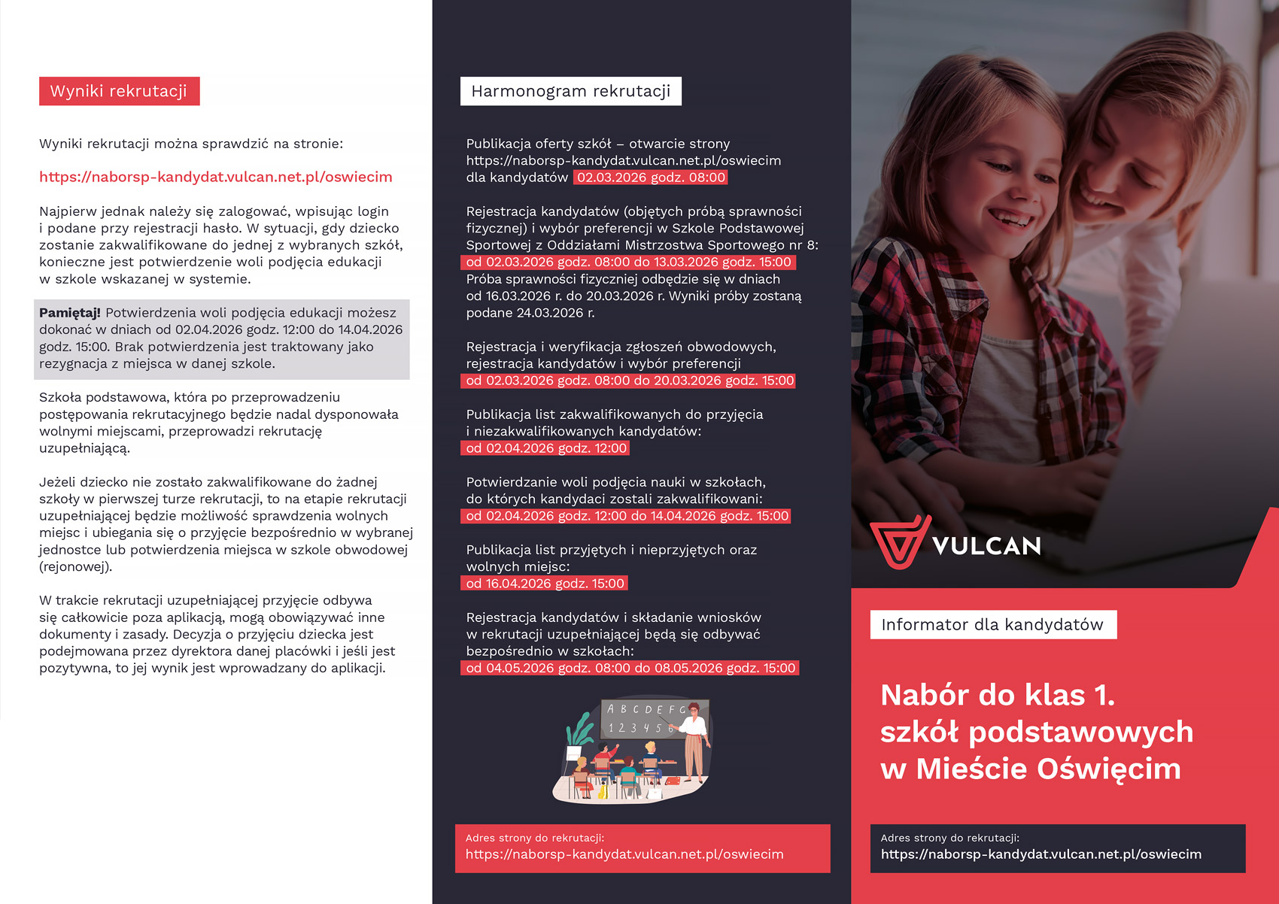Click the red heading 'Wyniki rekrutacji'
(x=119, y=91)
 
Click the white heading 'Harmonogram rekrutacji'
(x=570, y=91)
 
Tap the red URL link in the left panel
(x=216, y=177)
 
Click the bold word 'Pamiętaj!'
(x=70, y=313)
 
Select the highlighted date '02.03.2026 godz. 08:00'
(x=651, y=177)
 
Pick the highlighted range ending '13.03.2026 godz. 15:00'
(x=628, y=262)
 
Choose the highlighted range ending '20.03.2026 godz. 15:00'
(x=629, y=381)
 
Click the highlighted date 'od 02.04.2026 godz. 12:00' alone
(x=545, y=448)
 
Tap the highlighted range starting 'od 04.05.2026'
(x=630, y=668)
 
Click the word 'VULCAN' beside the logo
(x=986, y=546)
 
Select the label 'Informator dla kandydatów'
(x=992, y=624)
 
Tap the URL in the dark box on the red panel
(x=1041, y=854)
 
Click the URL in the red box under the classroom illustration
(x=624, y=854)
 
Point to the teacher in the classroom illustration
(x=694, y=741)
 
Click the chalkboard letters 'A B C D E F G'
(x=646, y=709)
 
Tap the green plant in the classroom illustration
(x=580, y=730)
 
